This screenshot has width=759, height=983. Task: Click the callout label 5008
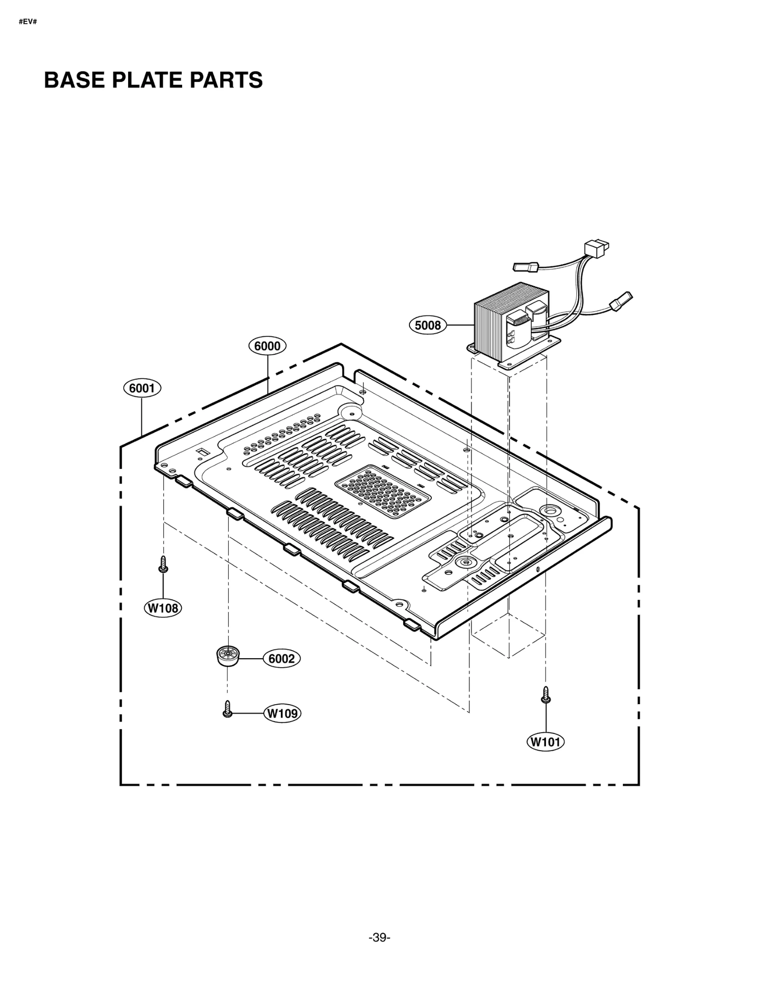[427, 325]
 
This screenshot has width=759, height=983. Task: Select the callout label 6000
[267, 346]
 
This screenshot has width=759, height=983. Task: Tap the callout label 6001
[142, 388]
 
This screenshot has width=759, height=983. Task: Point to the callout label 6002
[281, 659]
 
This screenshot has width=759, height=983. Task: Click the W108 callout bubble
[163, 608]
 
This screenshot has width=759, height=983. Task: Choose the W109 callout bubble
[282, 713]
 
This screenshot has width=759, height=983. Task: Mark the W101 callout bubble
[545, 742]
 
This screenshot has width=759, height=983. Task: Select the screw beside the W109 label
[227, 709]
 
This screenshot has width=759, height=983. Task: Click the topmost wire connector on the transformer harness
[597, 248]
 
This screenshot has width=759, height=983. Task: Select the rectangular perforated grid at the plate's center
[382, 491]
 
